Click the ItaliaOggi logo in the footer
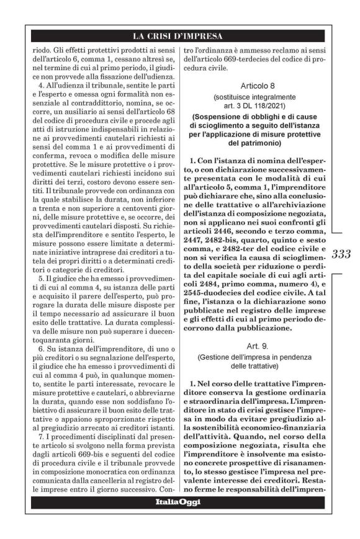[179, 501]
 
